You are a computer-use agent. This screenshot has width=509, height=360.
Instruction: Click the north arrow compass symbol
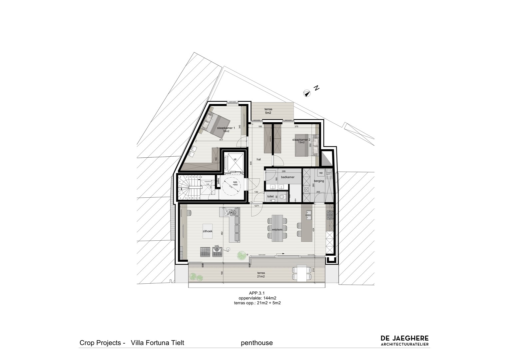[x=307, y=93]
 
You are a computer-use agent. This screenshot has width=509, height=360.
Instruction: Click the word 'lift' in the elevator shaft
[x=235, y=160]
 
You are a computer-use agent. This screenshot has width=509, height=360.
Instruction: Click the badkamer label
[x=287, y=177]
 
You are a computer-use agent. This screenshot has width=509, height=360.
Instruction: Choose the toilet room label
[x=270, y=197]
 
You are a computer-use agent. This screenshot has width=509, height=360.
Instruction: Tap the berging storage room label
[x=319, y=181]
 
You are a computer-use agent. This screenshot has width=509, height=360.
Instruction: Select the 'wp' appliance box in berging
[x=321, y=173]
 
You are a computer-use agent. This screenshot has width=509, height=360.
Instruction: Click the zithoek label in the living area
[x=208, y=231]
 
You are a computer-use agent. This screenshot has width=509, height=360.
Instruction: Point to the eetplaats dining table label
[x=277, y=230]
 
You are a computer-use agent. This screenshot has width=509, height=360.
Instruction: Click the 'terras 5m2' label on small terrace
[x=268, y=111]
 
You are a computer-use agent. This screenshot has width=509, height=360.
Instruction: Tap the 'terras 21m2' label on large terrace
[x=261, y=275]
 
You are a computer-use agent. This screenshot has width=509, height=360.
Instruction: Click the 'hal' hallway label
[x=258, y=159]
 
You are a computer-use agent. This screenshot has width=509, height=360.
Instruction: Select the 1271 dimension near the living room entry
[x=257, y=206]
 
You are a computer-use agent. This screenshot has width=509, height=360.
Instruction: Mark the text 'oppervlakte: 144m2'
[x=257, y=298]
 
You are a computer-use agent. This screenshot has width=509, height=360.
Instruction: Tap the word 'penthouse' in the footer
[x=256, y=343]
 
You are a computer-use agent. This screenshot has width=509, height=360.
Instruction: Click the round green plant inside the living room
[x=242, y=256]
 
